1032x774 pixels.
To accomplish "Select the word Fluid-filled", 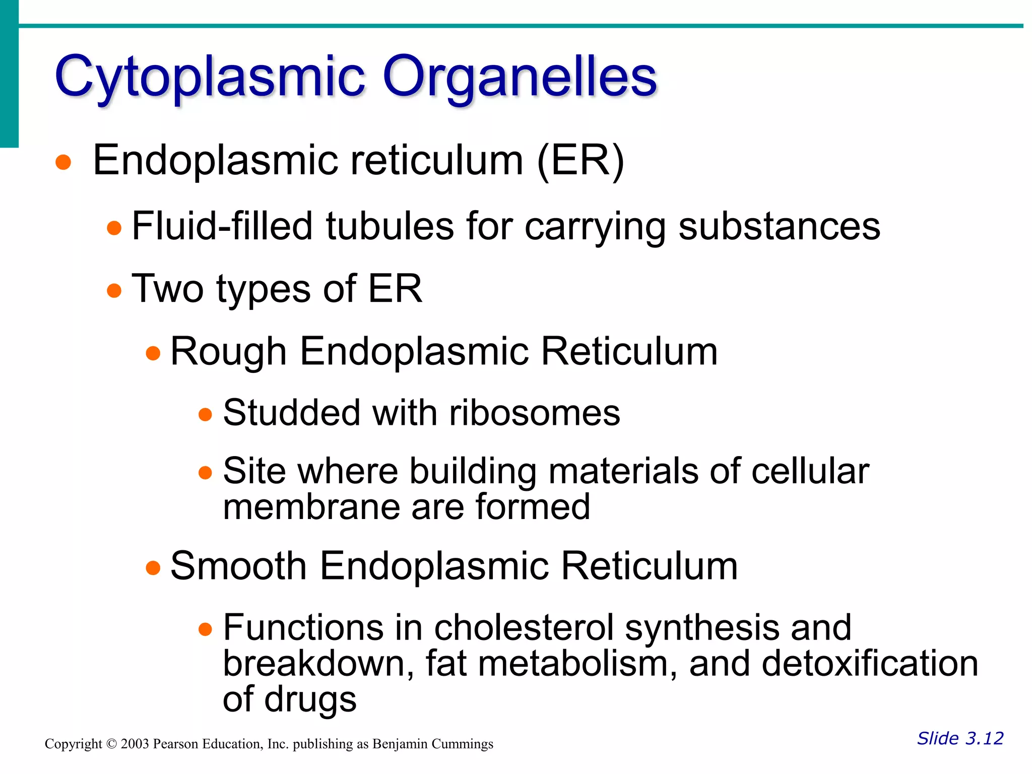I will pyautogui.click(x=222, y=226).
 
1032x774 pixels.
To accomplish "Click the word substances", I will pyautogui.click(x=779, y=227).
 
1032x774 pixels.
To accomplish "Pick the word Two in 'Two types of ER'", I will pyautogui.click(x=167, y=289).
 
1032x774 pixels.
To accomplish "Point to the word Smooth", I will pyautogui.click(x=238, y=566).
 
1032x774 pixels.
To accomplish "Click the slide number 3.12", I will pyautogui.click(x=985, y=738).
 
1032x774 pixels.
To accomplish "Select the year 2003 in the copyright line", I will pyautogui.click(x=135, y=744).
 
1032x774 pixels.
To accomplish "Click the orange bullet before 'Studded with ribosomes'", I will pyautogui.click(x=205, y=415).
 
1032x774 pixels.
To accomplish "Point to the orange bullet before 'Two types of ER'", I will pyautogui.click(x=114, y=291).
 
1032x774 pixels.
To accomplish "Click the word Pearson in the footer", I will pyautogui.click(x=175, y=744).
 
